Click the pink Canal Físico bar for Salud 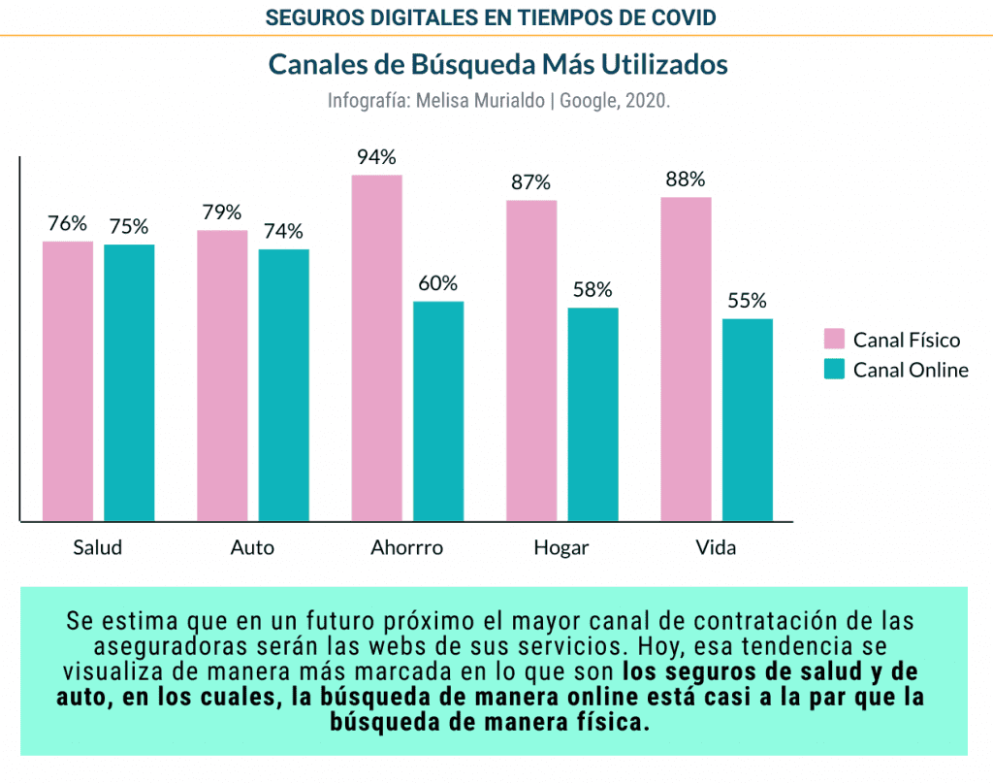pos(68,380)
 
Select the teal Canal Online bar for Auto pos(284,384)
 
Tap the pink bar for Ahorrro pos(377,347)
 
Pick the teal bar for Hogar pos(593,413)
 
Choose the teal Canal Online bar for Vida pos(748,419)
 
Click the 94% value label pos(376,157)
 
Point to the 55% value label pos(747,301)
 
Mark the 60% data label pos(437,283)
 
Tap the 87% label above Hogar pos(530,182)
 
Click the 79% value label pos(222,212)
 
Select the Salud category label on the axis pos(98,547)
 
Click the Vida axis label pos(716,547)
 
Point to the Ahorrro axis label pos(406,547)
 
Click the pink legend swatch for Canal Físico pos(834,339)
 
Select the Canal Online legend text pos(911,370)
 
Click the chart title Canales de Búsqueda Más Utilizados pos(497,65)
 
